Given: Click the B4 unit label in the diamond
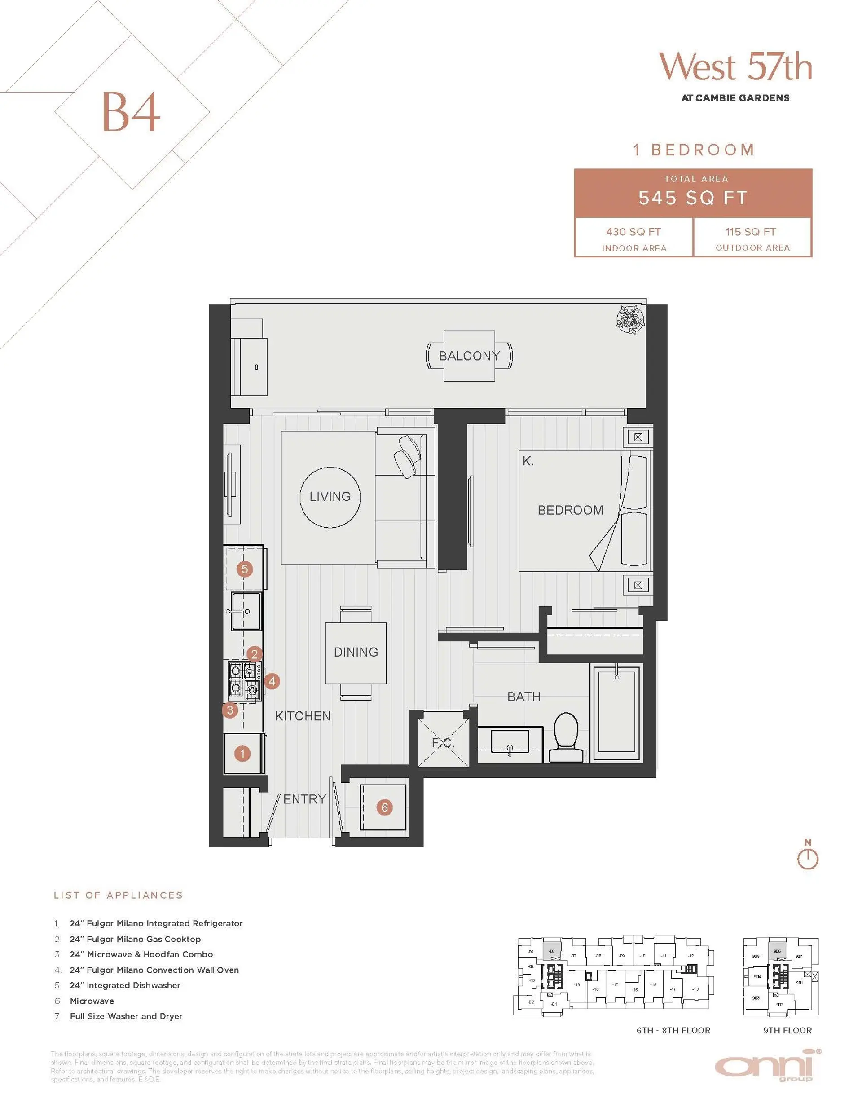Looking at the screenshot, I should click(131, 112).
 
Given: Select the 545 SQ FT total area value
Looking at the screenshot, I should click(692, 198).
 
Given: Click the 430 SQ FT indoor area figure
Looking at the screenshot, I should click(633, 232).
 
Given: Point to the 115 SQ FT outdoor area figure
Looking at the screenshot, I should click(750, 232).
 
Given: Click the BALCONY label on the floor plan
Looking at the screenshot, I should click(469, 356).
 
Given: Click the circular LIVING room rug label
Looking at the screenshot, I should click(330, 496).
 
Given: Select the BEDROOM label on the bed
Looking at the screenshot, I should click(570, 510).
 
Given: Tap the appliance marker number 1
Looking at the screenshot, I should click(242, 753).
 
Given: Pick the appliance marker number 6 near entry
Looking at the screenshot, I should click(384, 807).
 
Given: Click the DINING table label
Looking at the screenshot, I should click(356, 652).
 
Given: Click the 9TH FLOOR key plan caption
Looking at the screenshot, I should click(787, 1030).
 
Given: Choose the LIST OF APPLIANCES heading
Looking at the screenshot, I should click(118, 895).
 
